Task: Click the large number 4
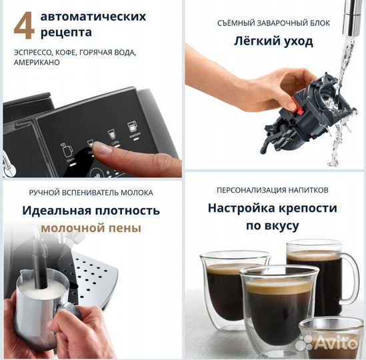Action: point(23,24)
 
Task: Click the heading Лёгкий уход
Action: point(274,41)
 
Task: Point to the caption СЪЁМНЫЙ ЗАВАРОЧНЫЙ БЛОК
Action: point(274,23)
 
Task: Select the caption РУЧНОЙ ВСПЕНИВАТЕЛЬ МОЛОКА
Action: point(91,193)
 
